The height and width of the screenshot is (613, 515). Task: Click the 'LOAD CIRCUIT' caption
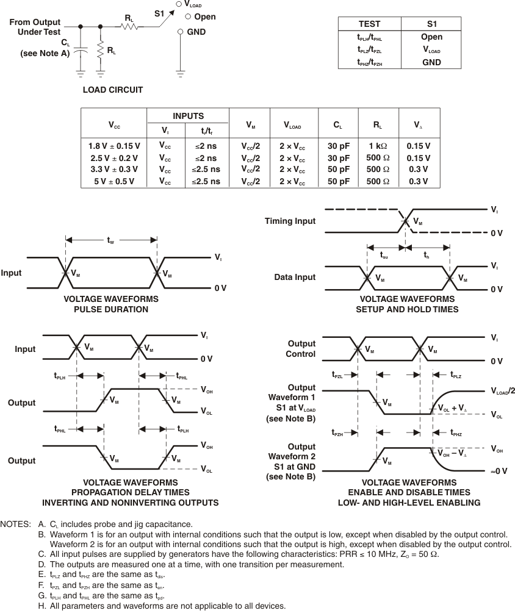pyautogui.click(x=113, y=90)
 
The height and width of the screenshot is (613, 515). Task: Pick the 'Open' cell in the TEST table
pyautogui.click(x=431, y=37)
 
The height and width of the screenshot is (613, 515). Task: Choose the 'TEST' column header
pyautogui.click(x=369, y=24)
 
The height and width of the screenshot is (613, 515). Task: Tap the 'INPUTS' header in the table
pyautogui.click(x=188, y=116)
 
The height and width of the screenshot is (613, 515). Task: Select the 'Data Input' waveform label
pyautogui.click(x=295, y=277)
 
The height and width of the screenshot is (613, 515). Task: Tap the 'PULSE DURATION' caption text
pyautogui.click(x=110, y=309)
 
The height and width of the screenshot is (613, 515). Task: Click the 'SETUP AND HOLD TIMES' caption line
pyautogui.click(x=407, y=309)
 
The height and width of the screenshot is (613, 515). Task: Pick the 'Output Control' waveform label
pyautogui.click(x=301, y=349)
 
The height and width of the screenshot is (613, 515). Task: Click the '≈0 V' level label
pyautogui.click(x=499, y=471)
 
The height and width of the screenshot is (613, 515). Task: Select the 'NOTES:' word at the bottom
pyautogui.click(x=16, y=524)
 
